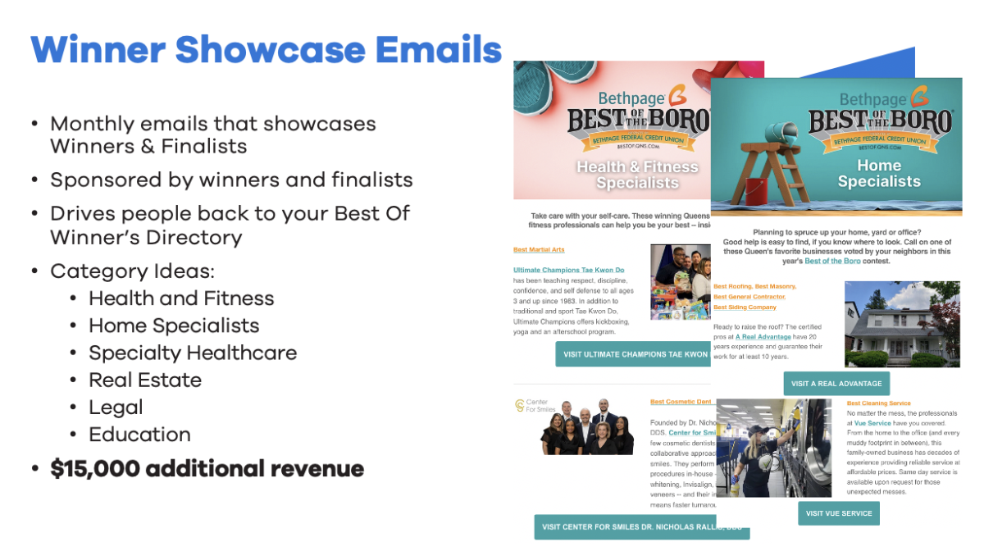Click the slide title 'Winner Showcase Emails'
coord(266,50)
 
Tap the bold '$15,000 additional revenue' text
coord(207,468)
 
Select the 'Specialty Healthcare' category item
coord(193,353)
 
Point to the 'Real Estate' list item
coord(145,380)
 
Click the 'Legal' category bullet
coord(116,407)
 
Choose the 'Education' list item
coord(139,434)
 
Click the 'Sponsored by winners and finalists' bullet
coord(231,179)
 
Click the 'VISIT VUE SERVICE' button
coord(839,513)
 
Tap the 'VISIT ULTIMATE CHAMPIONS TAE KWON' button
coord(633,354)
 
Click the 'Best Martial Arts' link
coord(539,249)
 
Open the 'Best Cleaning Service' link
coord(878,403)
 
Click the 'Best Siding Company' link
coord(745,307)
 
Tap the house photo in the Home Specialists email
coord(901,324)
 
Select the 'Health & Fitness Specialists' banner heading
coord(636,174)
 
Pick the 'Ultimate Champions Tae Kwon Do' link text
coord(567,270)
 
